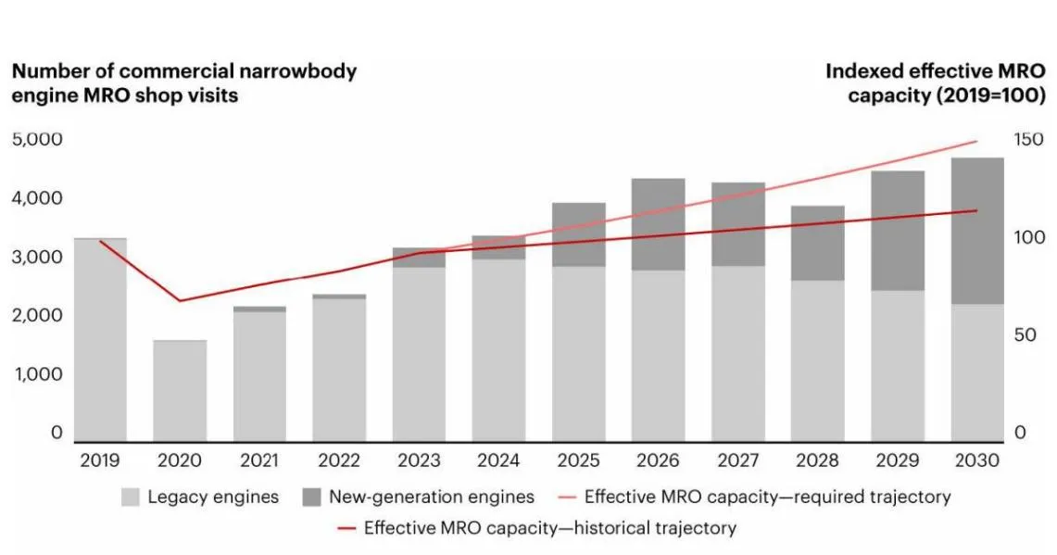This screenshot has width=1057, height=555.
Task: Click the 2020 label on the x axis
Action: (180, 460)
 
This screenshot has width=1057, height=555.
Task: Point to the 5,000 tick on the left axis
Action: (37, 139)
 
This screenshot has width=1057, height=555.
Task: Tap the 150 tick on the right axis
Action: (1028, 139)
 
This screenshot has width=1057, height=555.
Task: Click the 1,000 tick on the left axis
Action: (37, 374)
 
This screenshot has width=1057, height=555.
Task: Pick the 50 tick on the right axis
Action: (1024, 334)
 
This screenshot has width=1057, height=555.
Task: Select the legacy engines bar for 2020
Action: (180, 390)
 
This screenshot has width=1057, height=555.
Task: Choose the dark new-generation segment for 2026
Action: (659, 224)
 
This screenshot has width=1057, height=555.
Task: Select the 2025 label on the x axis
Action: (579, 460)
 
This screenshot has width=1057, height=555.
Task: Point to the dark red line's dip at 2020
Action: (180, 301)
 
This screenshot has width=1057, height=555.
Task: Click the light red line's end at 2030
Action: (977, 142)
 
